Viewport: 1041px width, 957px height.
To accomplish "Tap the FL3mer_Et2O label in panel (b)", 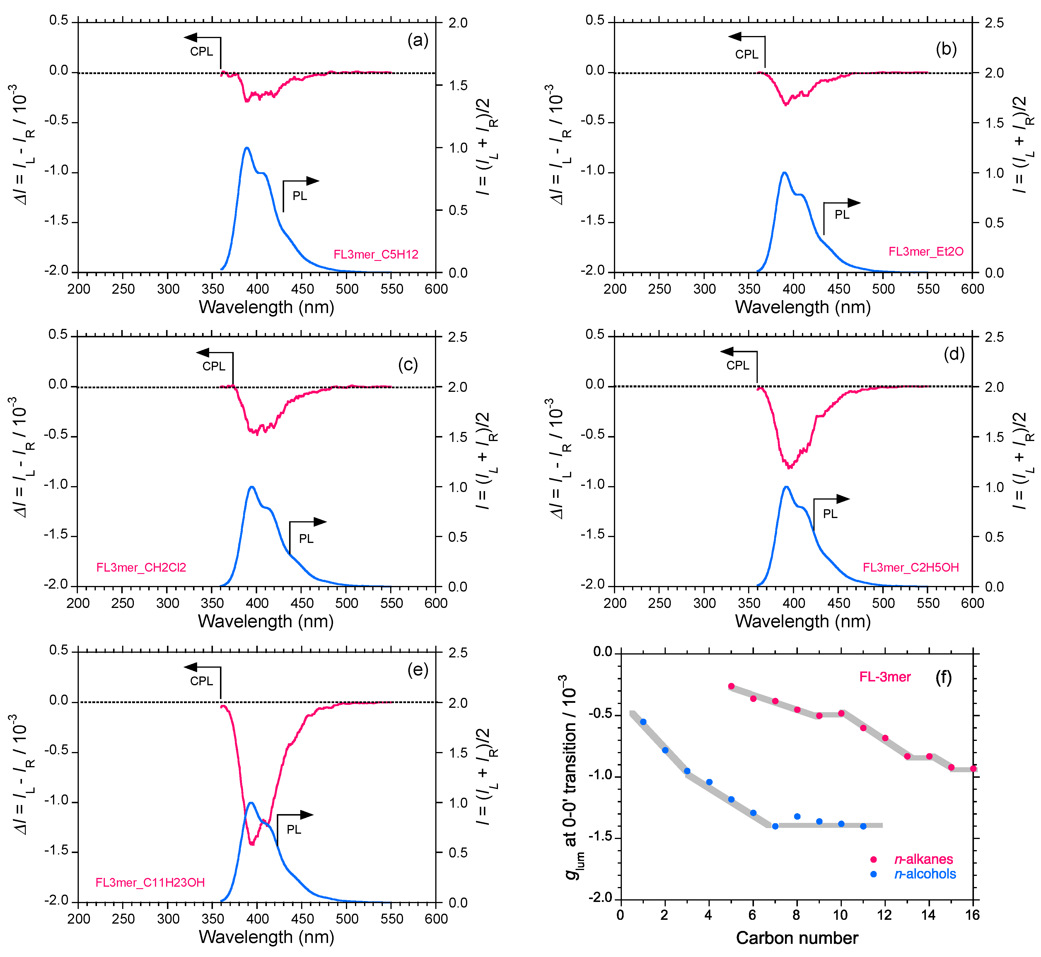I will [x=926, y=251].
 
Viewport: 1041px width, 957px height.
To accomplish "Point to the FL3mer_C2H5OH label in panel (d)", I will [x=910, y=568].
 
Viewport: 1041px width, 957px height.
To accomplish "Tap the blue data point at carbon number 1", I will [x=643, y=721].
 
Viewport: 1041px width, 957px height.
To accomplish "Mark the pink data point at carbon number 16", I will [x=973, y=768].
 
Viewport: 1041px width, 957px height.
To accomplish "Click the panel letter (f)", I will [x=944, y=677].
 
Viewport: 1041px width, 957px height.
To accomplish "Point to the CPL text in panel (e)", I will [x=202, y=681].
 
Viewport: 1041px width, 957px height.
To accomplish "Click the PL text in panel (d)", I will [x=830, y=514].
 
